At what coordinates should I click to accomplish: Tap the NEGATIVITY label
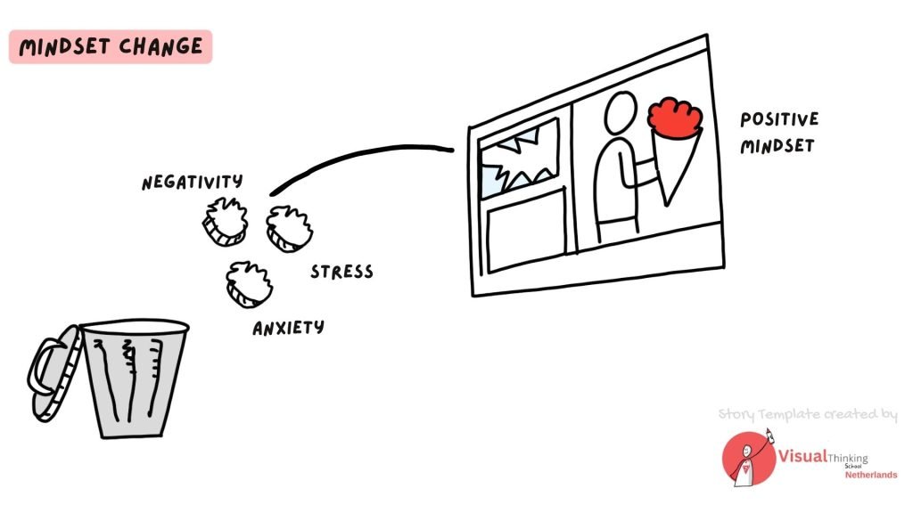(x=192, y=183)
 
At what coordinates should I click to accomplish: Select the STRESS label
(x=341, y=272)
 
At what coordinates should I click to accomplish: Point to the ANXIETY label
(x=288, y=328)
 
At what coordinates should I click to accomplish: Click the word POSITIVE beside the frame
(x=778, y=119)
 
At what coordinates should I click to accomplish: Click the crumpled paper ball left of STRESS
(x=290, y=228)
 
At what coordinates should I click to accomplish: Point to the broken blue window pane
(x=515, y=162)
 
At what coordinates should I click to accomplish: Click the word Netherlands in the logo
(x=870, y=474)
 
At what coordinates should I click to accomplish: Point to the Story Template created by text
(x=807, y=414)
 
